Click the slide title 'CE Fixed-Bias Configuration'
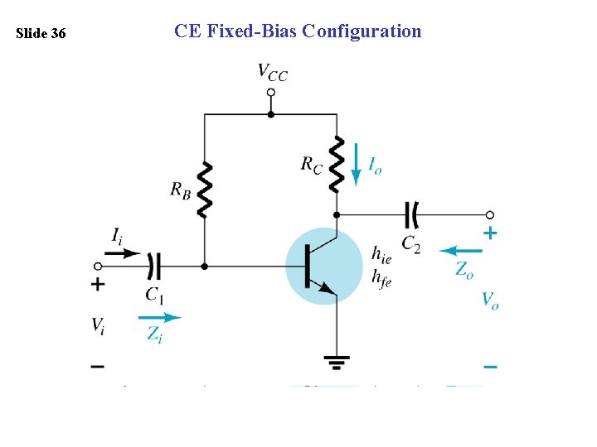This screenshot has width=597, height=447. [x=298, y=31]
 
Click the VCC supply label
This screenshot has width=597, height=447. [x=273, y=73]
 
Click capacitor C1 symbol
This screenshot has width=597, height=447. [x=153, y=267]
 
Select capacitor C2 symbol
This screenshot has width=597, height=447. [x=410, y=215]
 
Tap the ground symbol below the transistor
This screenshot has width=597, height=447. [x=337, y=362]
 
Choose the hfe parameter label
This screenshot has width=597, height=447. [x=382, y=280]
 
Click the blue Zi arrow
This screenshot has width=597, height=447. [x=159, y=317]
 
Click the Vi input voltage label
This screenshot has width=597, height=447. [x=99, y=324]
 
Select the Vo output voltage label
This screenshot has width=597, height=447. [x=490, y=300]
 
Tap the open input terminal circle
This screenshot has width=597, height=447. [x=98, y=267]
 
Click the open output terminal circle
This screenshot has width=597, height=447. [x=490, y=215]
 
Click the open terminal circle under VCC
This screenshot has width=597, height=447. [x=270, y=94]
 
